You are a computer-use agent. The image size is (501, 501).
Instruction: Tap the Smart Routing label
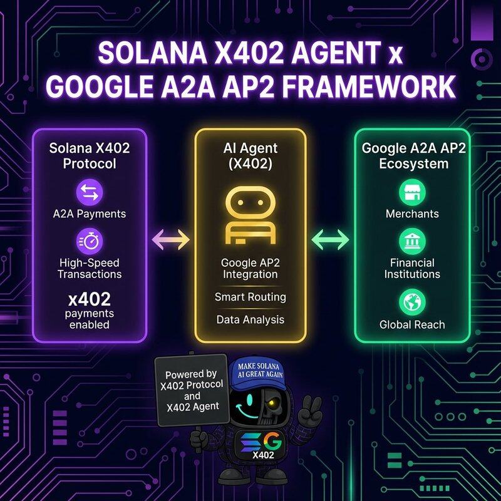tap(250, 297)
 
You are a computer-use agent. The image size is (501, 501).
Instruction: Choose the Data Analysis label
tap(250, 319)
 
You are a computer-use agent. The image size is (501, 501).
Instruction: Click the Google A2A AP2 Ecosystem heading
tap(411, 156)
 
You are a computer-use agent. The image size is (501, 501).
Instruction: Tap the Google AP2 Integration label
tap(250, 268)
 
